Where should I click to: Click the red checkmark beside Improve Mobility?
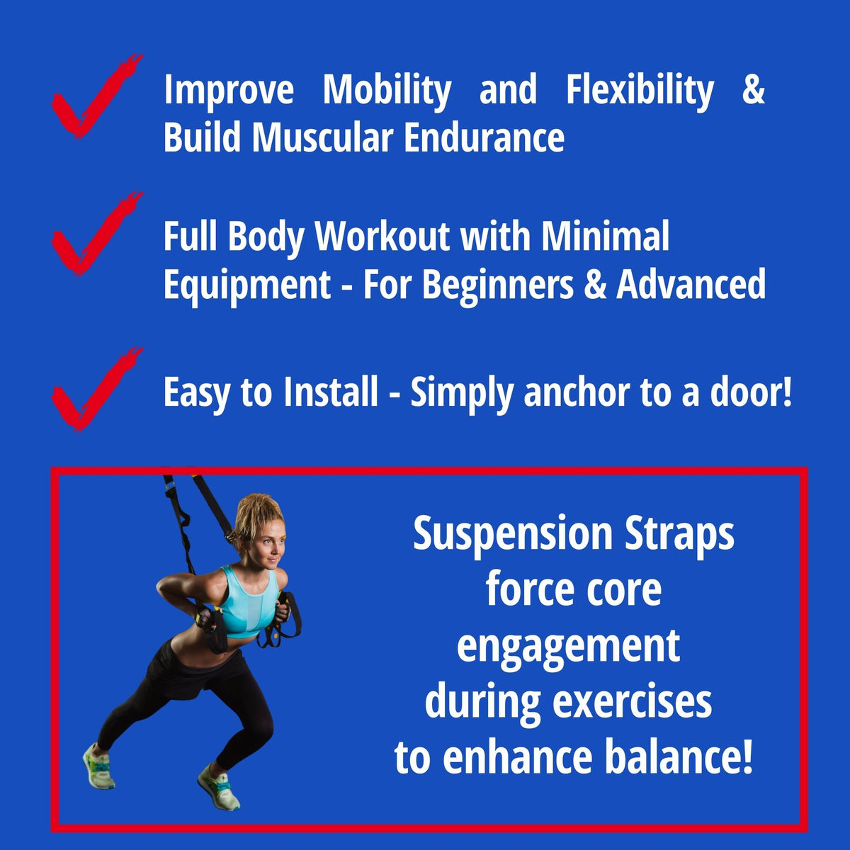tap(92, 99)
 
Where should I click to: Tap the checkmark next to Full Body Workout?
tap(92, 236)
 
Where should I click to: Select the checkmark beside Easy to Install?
tap(92, 392)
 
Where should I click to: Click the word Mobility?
tap(387, 91)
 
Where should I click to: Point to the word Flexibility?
tap(640, 91)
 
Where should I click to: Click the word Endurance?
tap(484, 137)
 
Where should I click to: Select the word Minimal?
tap(605, 236)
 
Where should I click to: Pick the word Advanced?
tap(691, 285)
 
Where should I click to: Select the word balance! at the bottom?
tap(678, 757)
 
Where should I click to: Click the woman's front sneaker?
tap(219, 786)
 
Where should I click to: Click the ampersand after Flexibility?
tap(753, 91)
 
